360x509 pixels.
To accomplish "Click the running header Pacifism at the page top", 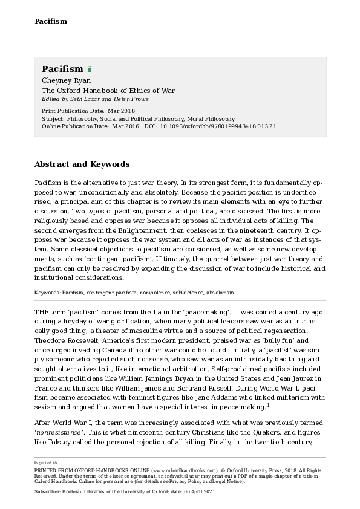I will (x=50, y=21).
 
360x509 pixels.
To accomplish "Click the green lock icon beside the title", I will (x=90, y=70).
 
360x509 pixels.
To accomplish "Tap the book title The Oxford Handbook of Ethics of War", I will (x=108, y=91).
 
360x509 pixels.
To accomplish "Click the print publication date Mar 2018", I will (x=121, y=111).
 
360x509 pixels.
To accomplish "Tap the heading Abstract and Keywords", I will (x=82, y=164).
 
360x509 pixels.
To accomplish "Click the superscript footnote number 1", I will (x=268, y=405).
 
